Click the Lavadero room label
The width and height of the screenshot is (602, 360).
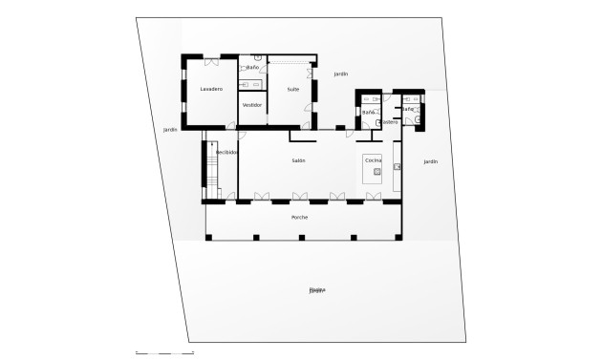(x=211, y=89)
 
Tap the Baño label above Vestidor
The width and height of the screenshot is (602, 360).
(x=252, y=68)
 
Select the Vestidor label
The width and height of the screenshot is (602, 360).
(x=252, y=105)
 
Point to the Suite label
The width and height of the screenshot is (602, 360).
(x=293, y=89)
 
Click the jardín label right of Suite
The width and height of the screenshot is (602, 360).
(x=341, y=74)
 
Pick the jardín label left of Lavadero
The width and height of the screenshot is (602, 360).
(x=170, y=130)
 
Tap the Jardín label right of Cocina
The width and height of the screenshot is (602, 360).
(x=430, y=162)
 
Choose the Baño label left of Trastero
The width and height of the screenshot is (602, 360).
(x=368, y=113)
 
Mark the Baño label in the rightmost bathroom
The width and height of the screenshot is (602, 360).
(x=408, y=109)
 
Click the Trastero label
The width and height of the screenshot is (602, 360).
(x=389, y=122)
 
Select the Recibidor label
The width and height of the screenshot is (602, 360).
(x=226, y=153)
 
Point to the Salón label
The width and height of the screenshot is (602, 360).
(x=298, y=160)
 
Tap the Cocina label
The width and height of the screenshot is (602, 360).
(x=373, y=160)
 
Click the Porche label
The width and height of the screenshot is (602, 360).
(x=300, y=218)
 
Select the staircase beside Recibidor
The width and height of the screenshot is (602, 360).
(x=211, y=172)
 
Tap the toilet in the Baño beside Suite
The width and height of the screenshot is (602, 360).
(x=258, y=57)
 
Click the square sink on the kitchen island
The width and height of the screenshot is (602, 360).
(x=377, y=172)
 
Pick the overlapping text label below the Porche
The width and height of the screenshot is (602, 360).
(x=316, y=290)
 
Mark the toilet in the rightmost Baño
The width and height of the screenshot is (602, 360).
(x=418, y=120)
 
